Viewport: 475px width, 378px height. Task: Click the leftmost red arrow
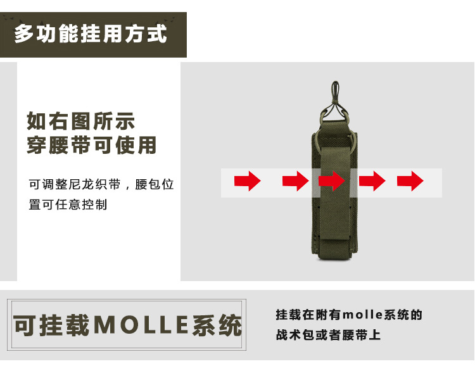pyautogui.click(x=248, y=181)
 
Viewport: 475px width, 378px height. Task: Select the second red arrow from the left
pyautogui.click(x=296, y=181)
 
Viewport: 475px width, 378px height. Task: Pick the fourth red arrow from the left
pyautogui.click(x=372, y=181)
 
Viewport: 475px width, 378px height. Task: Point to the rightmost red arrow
pyautogui.click(x=410, y=181)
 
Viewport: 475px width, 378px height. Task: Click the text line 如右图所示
pyautogui.click(x=81, y=122)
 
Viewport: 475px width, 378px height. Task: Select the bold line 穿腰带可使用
pyautogui.click(x=91, y=146)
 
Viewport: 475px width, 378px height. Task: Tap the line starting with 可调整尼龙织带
pyautogui.click(x=101, y=185)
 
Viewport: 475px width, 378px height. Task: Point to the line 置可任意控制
pyautogui.click(x=68, y=205)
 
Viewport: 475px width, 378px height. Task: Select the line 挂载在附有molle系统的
pyautogui.click(x=348, y=315)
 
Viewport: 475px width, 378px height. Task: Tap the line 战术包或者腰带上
pyautogui.click(x=328, y=335)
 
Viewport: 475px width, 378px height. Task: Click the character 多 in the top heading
pyautogui.click(x=23, y=33)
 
